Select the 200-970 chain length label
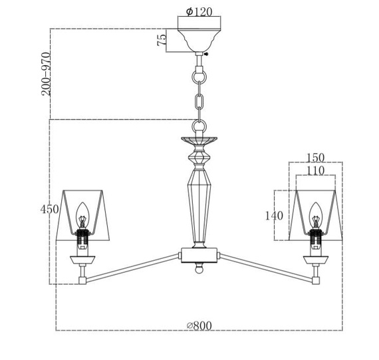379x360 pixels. pos(46,74)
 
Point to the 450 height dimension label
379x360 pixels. pos(49,209)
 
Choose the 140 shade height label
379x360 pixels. pos(274,216)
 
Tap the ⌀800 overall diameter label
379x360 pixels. pos(199,325)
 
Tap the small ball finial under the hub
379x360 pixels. pos(199,270)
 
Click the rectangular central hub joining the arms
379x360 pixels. pos(199,256)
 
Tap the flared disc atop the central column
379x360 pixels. pos(199,140)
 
